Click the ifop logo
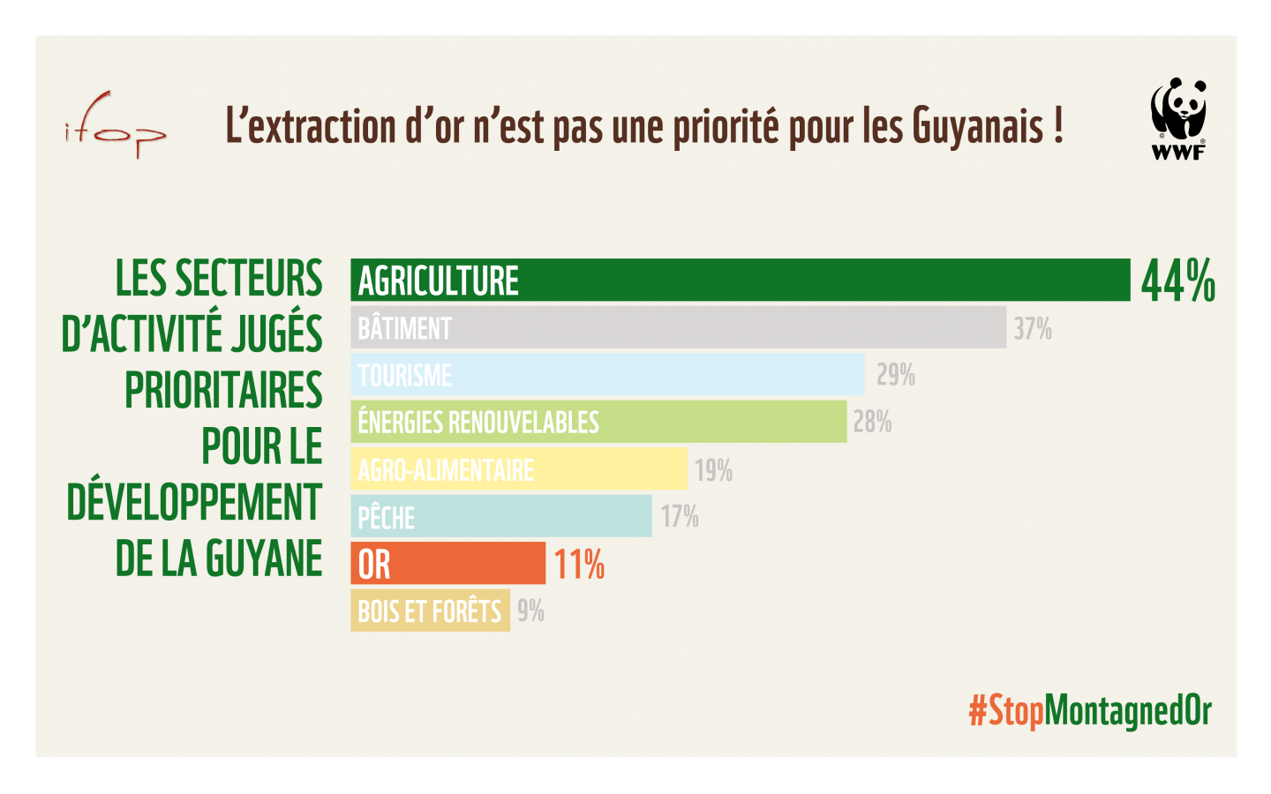tap(115, 126)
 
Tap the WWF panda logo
tap(1177, 118)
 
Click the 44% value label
tap(1177, 281)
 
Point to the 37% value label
tap(1033, 329)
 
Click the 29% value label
tap(895, 375)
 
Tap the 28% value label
tap(872, 423)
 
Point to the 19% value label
tap(713, 470)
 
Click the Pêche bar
tap(501, 516)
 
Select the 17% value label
tap(680, 516)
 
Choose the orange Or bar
tap(448, 563)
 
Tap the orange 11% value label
tap(579, 565)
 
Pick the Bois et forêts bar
tap(430, 610)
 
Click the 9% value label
tap(530, 610)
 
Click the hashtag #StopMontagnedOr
tap(1090, 710)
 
